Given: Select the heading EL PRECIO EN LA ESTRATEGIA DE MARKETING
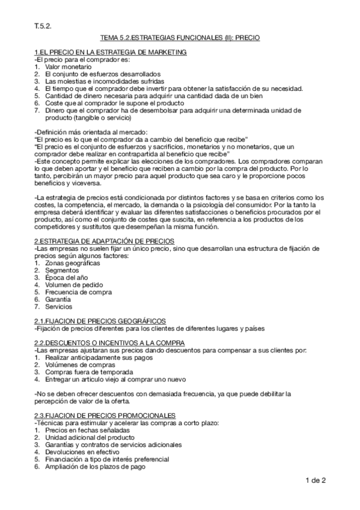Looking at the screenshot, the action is pos(110,52).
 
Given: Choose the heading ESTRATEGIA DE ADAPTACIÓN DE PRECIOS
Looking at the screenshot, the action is pos(105,241).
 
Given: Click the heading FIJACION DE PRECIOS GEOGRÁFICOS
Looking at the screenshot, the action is pos(100,321).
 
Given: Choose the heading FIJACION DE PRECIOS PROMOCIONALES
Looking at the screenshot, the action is pos(105,415).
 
